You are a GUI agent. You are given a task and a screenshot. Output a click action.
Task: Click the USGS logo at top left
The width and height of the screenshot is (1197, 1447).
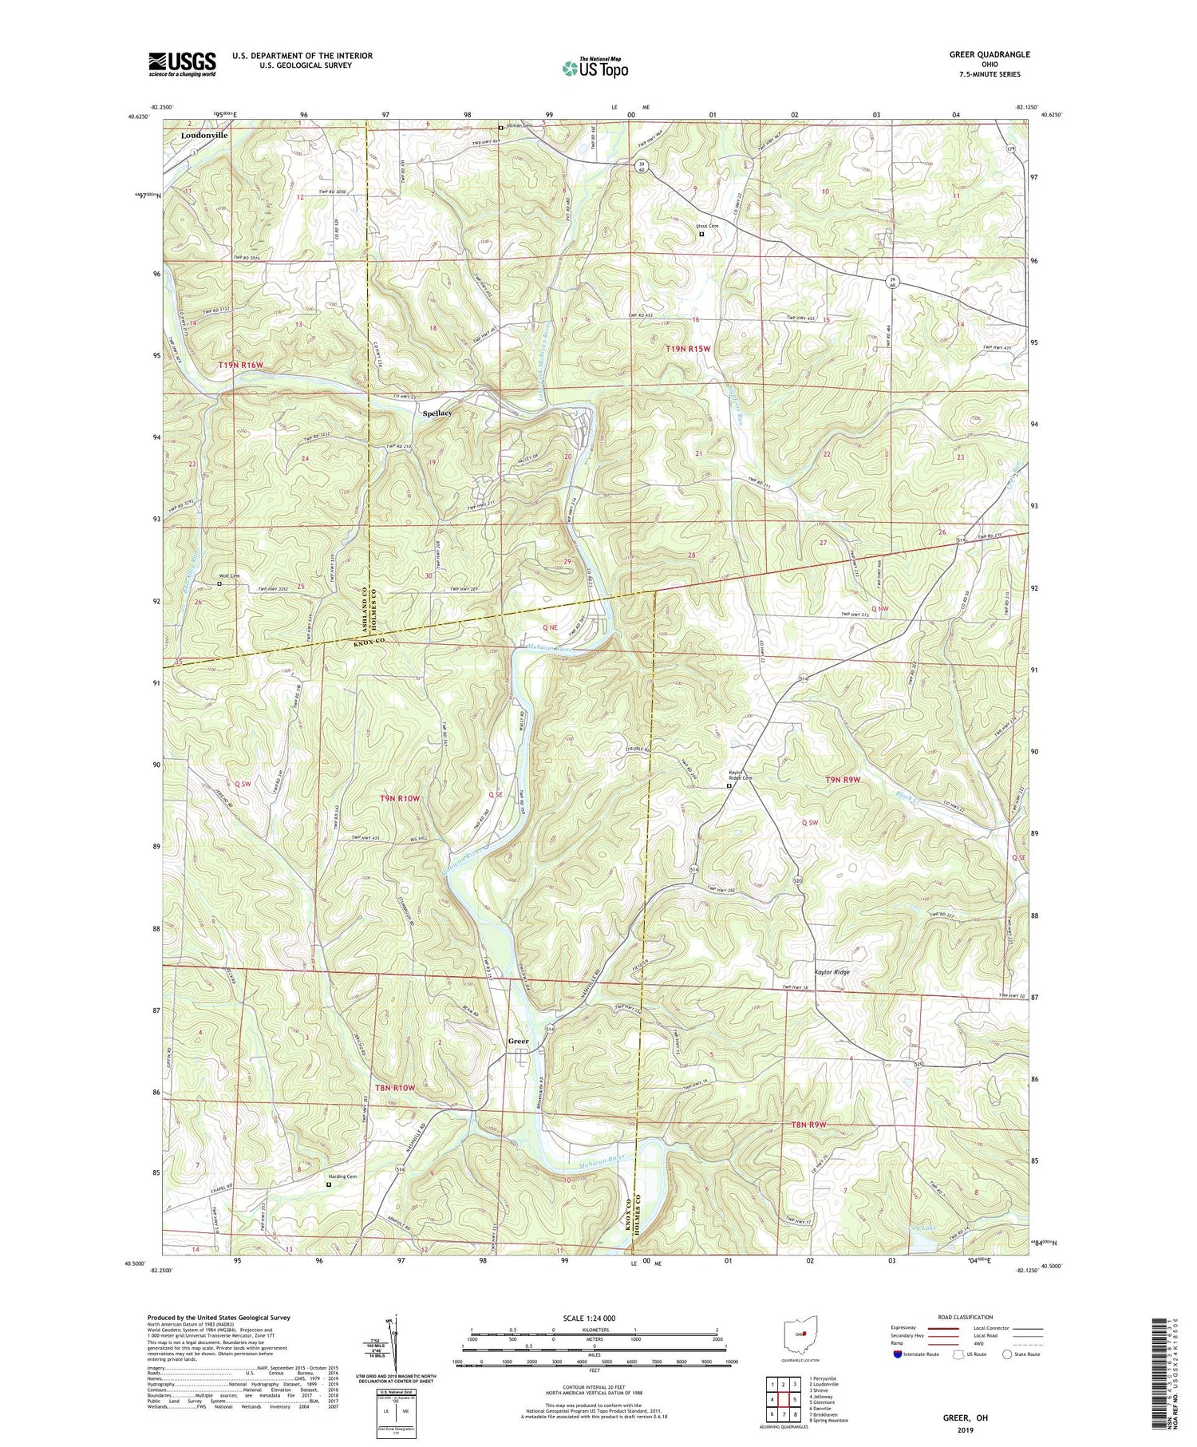pos(182,64)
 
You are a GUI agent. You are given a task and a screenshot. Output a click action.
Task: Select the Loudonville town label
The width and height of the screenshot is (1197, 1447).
pos(203,136)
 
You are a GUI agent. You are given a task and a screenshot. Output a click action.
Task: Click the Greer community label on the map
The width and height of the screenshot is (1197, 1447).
pos(519,1041)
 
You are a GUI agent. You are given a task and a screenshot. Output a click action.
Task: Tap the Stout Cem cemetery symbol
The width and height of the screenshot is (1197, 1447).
pos(702,235)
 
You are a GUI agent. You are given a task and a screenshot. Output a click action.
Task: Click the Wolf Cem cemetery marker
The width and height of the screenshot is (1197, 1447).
pos(220,583)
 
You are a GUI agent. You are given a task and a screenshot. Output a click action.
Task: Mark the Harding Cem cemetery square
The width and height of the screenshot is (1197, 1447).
pos(329,1184)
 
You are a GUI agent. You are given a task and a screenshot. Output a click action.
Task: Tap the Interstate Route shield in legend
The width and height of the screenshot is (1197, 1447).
pos(899,1354)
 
